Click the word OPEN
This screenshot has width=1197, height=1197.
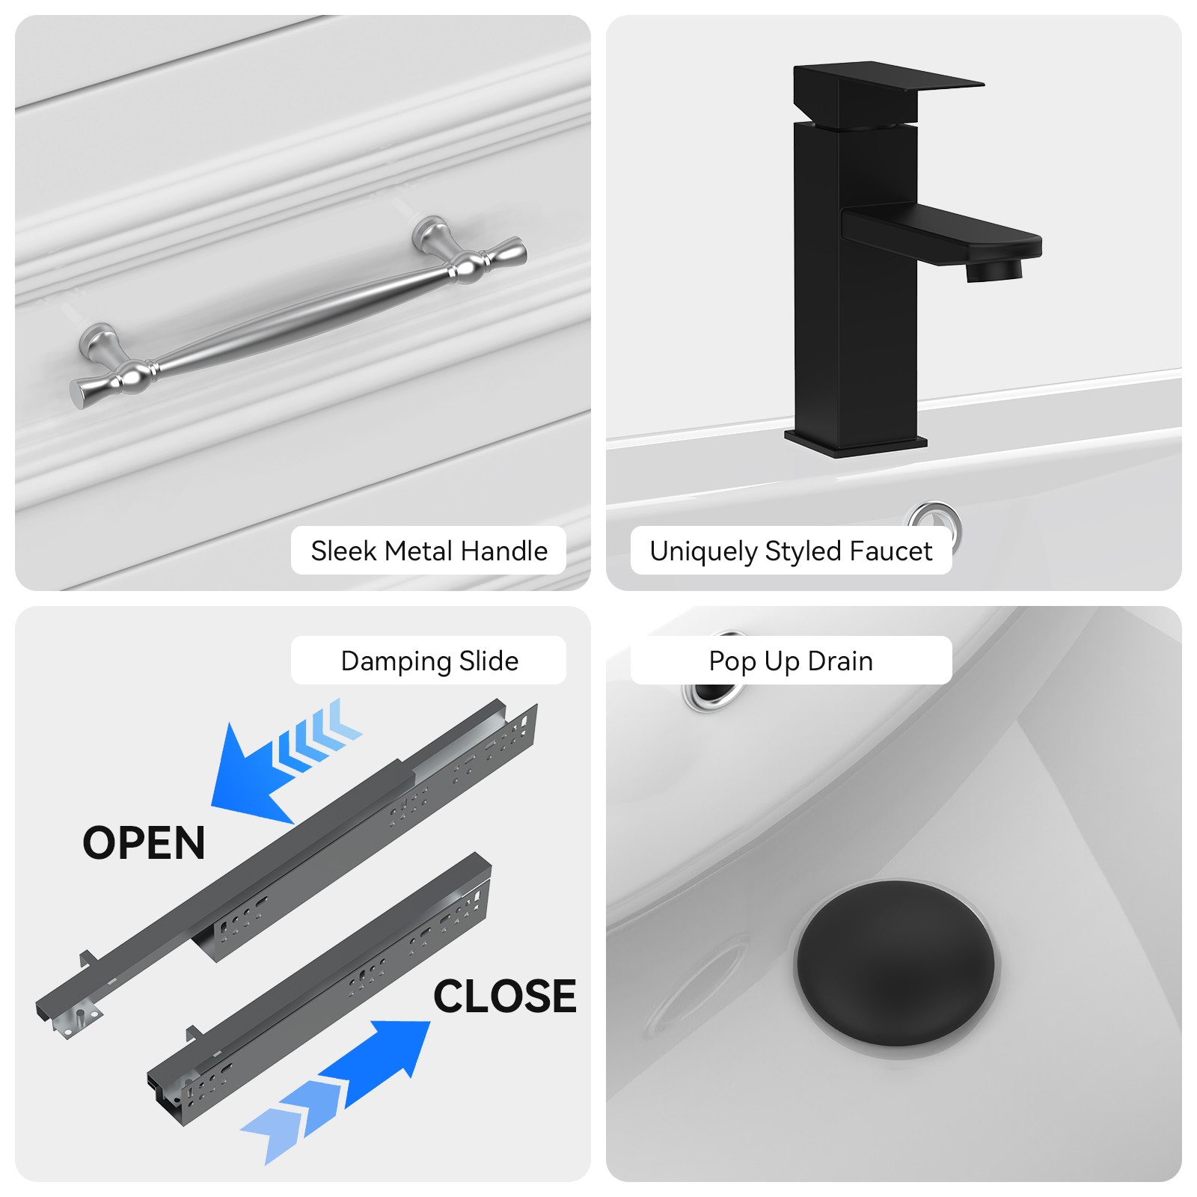point(144,843)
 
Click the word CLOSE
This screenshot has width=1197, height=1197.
point(505,997)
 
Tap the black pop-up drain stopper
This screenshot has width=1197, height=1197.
point(895,964)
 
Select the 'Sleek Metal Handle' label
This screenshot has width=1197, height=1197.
point(429,551)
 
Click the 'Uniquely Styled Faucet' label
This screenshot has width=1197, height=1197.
point(791,551)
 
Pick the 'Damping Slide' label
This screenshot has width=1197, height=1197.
point(429,661)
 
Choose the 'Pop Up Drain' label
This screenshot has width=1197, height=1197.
point(791,661)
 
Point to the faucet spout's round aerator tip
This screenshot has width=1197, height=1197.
point(994,269)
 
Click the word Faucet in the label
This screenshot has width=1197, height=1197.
point(891,551)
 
